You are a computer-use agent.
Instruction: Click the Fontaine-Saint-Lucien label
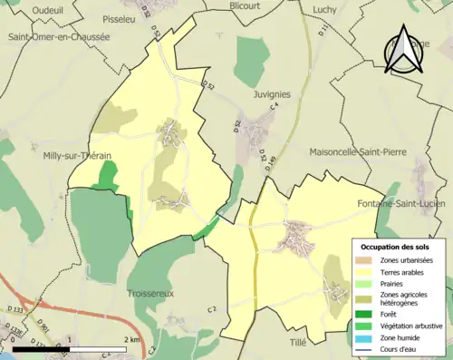tap(405, 203)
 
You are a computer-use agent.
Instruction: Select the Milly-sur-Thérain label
tap(77, 156)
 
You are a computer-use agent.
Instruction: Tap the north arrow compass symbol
tap(400, 50)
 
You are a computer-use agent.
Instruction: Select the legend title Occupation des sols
tap(397, 247)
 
